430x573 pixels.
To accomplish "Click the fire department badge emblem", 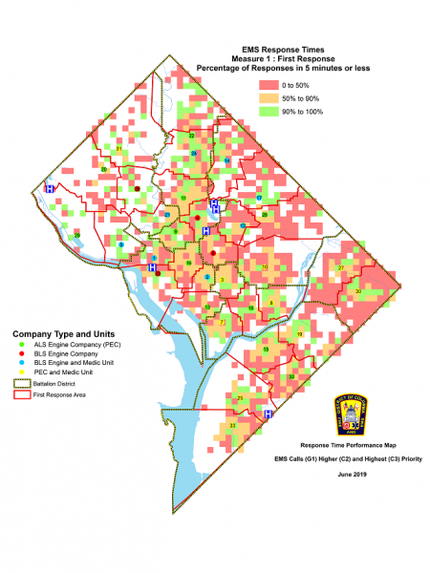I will pos(351,413).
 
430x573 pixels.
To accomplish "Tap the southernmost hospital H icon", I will pos(269,414).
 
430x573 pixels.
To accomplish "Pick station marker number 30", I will pos(357,290).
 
